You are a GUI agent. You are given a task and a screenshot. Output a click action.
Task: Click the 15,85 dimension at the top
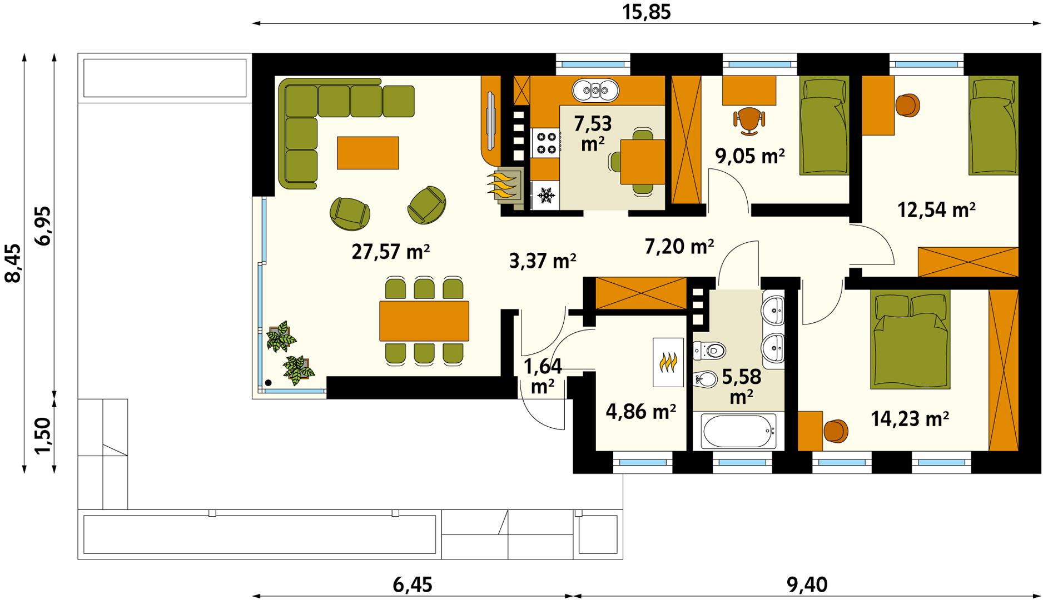pos(646,12)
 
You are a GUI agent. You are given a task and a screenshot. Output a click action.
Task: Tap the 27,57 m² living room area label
pos(391,252)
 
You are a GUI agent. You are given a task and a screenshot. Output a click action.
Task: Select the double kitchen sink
pos(595,90)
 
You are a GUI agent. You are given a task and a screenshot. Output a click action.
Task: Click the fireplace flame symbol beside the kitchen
pos(504,185)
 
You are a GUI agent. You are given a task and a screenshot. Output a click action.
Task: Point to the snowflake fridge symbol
pos(546,195)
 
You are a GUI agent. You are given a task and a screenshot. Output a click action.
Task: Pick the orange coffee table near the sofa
pos(367,153)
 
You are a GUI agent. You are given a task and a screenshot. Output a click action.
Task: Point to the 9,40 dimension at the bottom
pos(807,584)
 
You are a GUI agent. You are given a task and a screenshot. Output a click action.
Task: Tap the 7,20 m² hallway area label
pos(679,246)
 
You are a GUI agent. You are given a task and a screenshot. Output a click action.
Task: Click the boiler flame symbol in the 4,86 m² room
pos(668,362)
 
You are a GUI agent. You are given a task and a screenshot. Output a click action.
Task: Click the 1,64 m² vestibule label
pos(543,376)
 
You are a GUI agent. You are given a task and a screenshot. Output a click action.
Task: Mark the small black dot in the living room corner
pos(268,383)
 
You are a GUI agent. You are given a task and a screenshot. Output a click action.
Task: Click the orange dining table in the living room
pos(424,321)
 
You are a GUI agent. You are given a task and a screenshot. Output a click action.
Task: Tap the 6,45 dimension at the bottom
pos(412,584)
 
